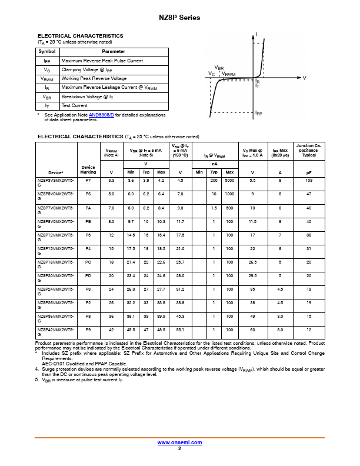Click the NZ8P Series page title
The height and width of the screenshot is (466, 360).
(179, 18)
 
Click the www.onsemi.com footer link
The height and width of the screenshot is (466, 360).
(179, 442)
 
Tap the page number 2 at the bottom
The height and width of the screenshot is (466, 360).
(179, 448)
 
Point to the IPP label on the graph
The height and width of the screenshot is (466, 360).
(259, 113)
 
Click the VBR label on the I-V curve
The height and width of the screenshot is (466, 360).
(219, 68)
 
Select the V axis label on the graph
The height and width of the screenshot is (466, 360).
(304, 78)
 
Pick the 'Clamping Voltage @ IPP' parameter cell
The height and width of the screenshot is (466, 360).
(89, 69)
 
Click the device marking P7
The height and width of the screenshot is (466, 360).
(88, 180)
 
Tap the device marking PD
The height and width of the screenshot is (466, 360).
(88, 274)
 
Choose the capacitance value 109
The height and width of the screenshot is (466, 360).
(309, 180)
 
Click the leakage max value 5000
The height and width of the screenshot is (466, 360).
(229, 180)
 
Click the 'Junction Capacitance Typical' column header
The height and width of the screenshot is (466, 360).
(309, 151)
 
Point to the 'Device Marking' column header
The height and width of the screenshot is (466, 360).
(88, 170)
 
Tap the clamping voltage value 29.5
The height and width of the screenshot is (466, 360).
(252, 274)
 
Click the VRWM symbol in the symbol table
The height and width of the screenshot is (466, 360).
(46, 78)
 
